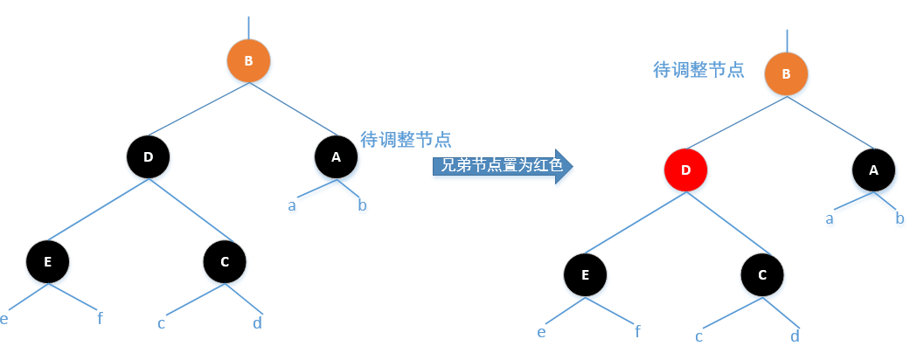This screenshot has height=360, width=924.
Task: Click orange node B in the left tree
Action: click(x=248, y=61)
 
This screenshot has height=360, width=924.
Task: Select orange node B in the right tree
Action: click(x=786, y=74)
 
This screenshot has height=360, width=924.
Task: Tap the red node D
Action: click(x=685, y=171)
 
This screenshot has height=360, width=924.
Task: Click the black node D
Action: click(x=148, y=157)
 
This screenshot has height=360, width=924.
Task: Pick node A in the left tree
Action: click(x=337, y=157)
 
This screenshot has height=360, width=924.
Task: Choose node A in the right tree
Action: click(x=874, y=171)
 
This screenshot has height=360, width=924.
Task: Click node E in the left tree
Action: click(x=47, y=260)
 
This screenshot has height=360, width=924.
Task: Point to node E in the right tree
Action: click(x=586, y=274)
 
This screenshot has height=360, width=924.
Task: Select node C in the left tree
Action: click(x=225, y=260)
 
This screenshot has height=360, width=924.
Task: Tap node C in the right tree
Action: click(x=762, y=274)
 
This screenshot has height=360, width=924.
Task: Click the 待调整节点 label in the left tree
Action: click(x=406, y=139)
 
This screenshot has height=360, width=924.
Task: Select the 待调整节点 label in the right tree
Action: click(x=699, y=70)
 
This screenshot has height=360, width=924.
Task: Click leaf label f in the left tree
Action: click(x=101, y=318)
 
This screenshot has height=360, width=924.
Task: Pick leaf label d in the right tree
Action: click(x=795, y=336)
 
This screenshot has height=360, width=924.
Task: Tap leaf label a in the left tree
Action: click(x=292, y=206)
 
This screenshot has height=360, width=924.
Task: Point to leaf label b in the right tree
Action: click(x=900, y=218)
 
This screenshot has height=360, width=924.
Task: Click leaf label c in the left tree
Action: click(x=162, y=323)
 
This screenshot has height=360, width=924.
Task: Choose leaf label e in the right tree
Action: click(x=542, y=332)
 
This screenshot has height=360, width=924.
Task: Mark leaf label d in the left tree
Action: click(x=257, y=322)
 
